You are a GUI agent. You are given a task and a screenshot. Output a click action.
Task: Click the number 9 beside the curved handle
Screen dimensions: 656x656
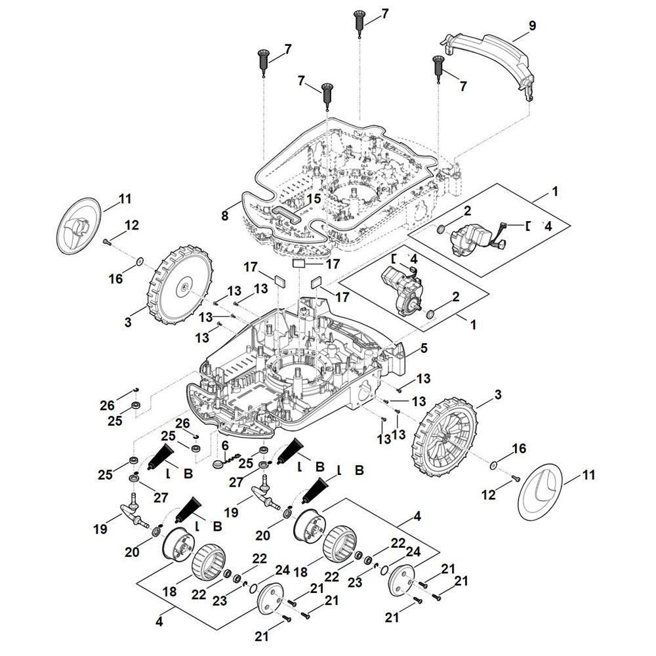click(x=532, y=26)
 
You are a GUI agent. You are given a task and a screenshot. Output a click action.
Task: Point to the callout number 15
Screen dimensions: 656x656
click(x=314, y=197)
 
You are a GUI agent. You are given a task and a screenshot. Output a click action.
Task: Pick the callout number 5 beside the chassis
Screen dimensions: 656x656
click(x=423, y=347)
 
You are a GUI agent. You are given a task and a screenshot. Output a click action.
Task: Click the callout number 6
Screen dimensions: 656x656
click(x=224, y=445)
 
